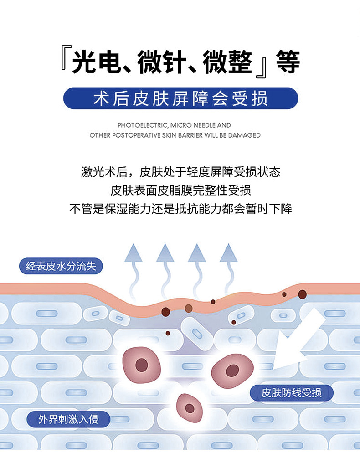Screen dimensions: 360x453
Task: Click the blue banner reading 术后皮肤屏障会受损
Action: coord(180,98)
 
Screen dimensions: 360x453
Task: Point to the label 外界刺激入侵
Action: coord(68,418)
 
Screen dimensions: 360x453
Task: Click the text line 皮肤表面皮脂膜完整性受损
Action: coord(180,190)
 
